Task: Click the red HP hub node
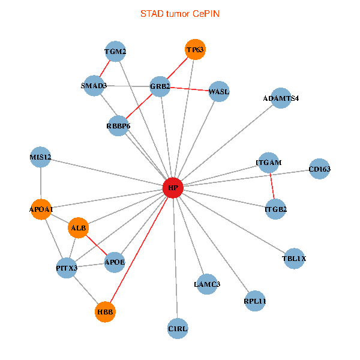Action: [173, 188]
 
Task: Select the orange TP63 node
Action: [195, 50]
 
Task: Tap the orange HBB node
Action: [105, 312]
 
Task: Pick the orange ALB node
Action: [79, 228]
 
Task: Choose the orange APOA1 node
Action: [41, 209]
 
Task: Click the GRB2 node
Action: [160, 86]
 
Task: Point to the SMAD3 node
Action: [94, 85]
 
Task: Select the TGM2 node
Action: [115, 52]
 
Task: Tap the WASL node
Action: [218, 91]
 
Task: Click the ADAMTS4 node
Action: [281, 98]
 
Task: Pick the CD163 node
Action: [319, 169]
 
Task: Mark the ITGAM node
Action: [268, 163]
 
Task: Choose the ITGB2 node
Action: [275, 209]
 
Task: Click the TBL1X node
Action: [294, 259]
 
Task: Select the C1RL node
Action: [178, 328]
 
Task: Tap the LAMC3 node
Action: [206, 283]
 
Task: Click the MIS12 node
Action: [40, 157]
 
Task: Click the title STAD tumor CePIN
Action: [179, 13]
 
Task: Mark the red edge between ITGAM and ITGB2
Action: [272, 186]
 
